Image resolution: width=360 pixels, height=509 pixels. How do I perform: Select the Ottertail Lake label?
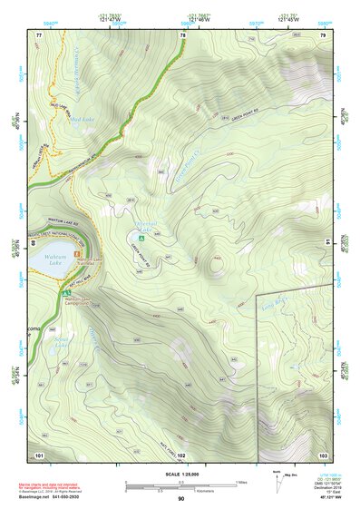pyautogui.click(x=145, y=223)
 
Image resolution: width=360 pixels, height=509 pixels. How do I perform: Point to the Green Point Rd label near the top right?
pyautogui.click(x=245, y=117)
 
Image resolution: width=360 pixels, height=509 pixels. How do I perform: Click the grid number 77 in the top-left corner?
pyautogui.click(x=38, y=34)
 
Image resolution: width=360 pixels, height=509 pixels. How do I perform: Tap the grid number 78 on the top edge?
pyautogui.click(x=182, y=34)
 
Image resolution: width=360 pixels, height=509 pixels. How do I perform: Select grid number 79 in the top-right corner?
pyautogui.click(x=323, y=34)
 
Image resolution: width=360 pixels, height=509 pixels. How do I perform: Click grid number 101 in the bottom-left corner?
pyautogui.click(x=39, y=454)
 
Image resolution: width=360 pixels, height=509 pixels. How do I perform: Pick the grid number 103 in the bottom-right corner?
pyautogui.click(x=323, y=454)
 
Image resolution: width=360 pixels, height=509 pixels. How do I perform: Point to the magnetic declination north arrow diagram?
pyautogui.click(x=277, y=485)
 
